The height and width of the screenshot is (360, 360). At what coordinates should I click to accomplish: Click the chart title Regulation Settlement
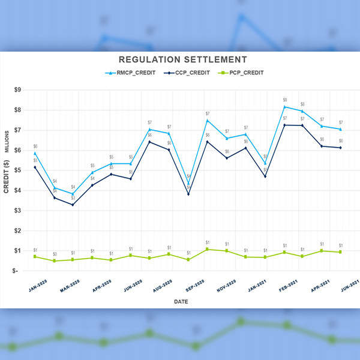tap(182, 59)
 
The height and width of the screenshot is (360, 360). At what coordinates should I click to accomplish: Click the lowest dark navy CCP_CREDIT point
tap(73, 205)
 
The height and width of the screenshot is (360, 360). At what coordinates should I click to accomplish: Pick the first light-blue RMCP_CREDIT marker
tap(35, 153)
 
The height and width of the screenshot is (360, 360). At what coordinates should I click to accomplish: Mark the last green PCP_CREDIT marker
tap(340, 252)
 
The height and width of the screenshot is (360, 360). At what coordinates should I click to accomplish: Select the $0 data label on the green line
tap(55, 254)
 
